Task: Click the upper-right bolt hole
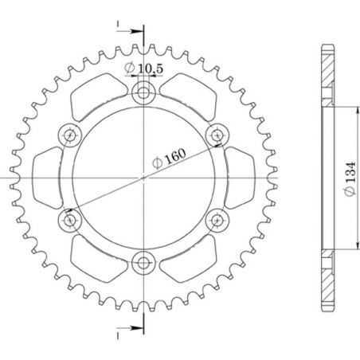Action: (215, 135)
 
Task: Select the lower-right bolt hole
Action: (215, 218)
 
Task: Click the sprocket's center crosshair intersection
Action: (143, 177)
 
